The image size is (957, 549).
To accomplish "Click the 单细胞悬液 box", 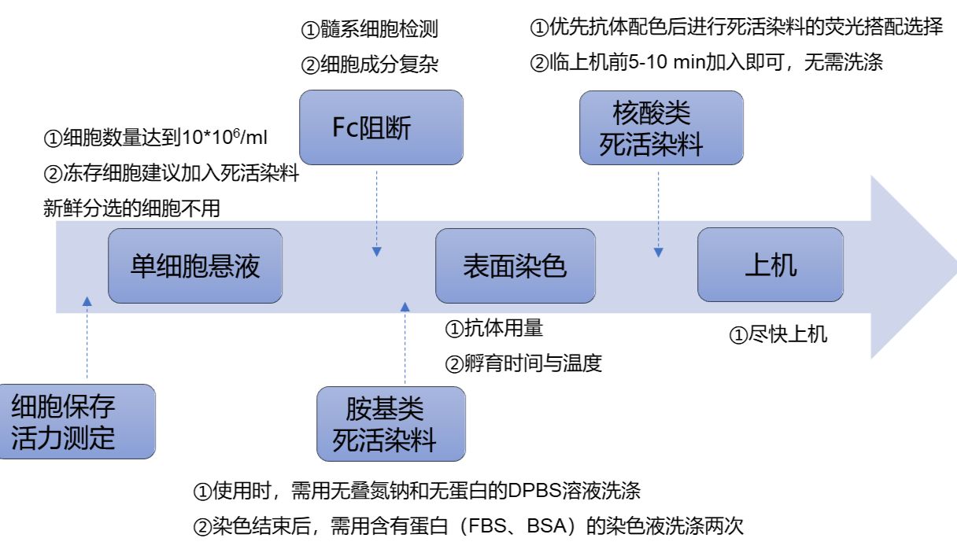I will click(x=194, y=266).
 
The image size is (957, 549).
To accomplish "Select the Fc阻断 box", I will click(x=382, y=127).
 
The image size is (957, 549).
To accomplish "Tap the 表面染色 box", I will click(x=515, y=266).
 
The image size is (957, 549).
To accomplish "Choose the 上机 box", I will click(x=770, y=265).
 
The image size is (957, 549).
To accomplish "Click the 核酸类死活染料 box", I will click(x=661, y=128).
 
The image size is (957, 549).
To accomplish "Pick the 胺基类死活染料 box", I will click(x=390, y=424).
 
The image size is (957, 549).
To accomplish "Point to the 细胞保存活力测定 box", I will click(x=76, y=422).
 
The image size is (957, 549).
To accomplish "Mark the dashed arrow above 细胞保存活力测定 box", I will click(x=87, y=338).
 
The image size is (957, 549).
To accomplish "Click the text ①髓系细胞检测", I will click(x=369, y=31).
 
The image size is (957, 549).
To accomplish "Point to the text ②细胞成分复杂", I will click(x=369, y=64).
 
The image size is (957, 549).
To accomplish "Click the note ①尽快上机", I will click(x=778, y=334).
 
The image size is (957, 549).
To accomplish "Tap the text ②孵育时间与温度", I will click(x=523, y=363).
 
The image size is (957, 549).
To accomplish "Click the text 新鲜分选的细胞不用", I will click(x=131, y=208).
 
